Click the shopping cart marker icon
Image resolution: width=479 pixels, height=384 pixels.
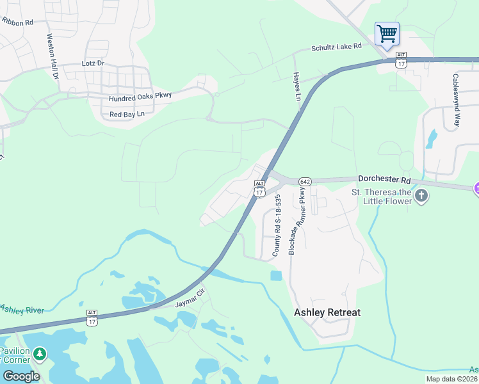(x=387, y=33)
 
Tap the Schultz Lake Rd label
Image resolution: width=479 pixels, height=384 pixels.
(x=337, y=47)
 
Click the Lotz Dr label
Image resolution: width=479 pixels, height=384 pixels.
(x=93, y=64)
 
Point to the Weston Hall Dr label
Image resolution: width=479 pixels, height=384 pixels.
(x=52, y=57)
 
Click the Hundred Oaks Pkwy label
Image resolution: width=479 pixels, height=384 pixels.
(x=140, y=97)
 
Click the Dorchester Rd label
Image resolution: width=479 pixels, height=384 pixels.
(x=382, y=180)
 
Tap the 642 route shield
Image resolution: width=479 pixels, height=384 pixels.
(x=305, y=182)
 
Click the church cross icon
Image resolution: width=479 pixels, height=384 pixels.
(x=421, y=195)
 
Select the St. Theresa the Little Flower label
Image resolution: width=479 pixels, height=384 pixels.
(x=382, y=196)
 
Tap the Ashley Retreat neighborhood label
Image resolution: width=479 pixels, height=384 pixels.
(x=327, y=312)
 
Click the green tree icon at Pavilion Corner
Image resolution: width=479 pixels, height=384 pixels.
(x=40, y=353)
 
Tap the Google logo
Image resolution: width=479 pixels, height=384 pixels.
(x=20, y=376)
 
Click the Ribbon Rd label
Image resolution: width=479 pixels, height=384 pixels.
(x=17, y=22)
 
